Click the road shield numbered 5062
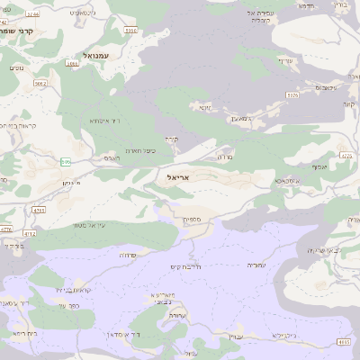(40, 84)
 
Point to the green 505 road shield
(65, 162)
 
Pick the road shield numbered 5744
(33, 14)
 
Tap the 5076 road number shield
(292, 94)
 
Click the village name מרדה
(224, 156)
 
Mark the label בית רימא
(25, 334)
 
